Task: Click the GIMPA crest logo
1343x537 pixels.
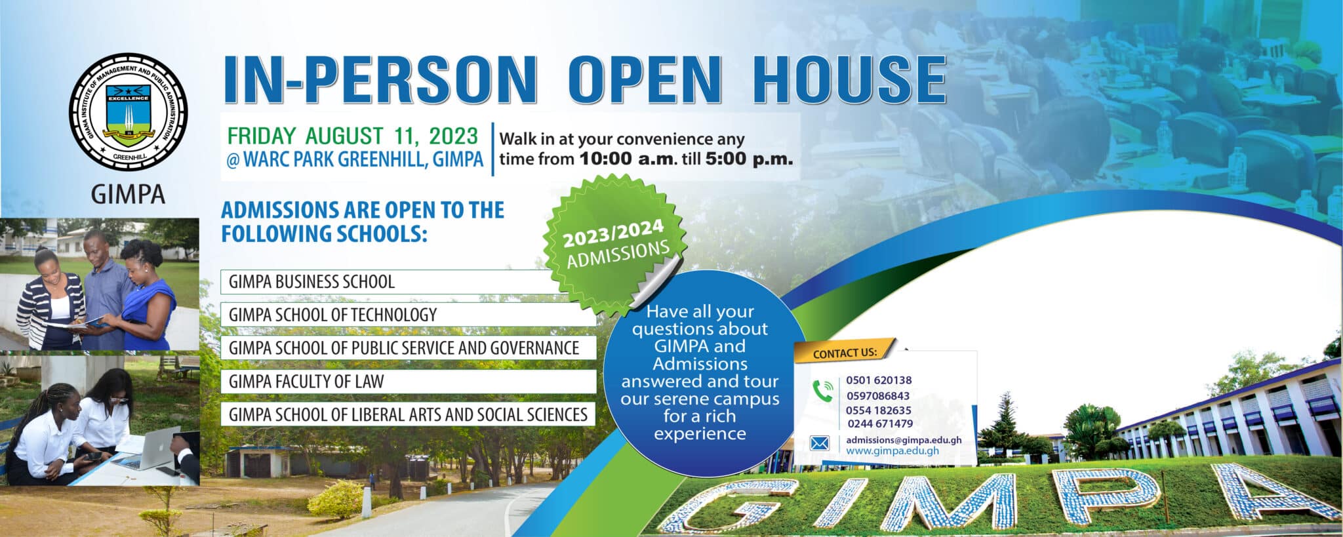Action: point(129,118)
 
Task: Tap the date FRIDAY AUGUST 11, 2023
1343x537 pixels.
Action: point(352,136)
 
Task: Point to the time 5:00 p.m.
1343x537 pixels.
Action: point(749,159)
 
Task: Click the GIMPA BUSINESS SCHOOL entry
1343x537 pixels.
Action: point(311,282)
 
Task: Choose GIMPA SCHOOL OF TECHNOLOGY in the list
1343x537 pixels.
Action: point(332,315)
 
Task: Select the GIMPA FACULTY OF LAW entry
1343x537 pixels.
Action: point(306,382)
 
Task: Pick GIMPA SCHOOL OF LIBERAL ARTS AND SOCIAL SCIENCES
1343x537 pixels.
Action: point(408,414)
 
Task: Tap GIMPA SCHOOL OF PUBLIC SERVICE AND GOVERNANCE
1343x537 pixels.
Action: point(403,348)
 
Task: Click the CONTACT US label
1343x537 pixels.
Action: point(845,353)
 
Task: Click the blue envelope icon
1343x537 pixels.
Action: point(820,444)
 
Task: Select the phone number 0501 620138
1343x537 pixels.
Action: point(879,380)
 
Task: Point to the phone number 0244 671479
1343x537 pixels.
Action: point(880,424)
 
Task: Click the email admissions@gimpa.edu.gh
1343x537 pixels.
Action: point(903,440)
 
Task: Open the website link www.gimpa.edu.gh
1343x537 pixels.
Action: point(892,450)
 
